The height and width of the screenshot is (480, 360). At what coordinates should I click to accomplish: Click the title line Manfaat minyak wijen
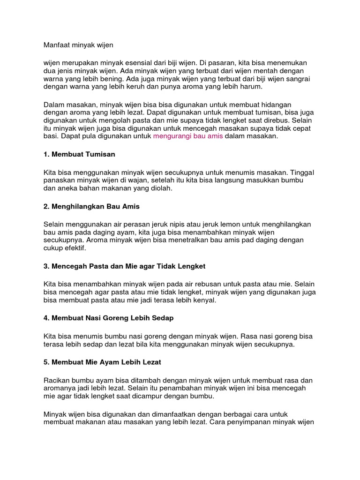[78, 45]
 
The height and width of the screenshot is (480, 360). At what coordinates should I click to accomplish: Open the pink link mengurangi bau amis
[188, 136]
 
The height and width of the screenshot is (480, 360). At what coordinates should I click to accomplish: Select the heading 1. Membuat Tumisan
[79, 154]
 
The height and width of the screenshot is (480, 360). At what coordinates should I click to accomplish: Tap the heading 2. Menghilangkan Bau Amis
[91, 206]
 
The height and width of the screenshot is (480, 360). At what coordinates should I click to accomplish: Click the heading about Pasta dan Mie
[124, 266]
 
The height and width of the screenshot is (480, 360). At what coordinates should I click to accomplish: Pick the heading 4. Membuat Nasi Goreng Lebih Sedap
[108, 318]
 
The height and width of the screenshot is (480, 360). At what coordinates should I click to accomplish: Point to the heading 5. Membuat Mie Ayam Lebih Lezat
[103, 362]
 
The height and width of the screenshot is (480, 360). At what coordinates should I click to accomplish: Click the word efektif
[75, 248]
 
